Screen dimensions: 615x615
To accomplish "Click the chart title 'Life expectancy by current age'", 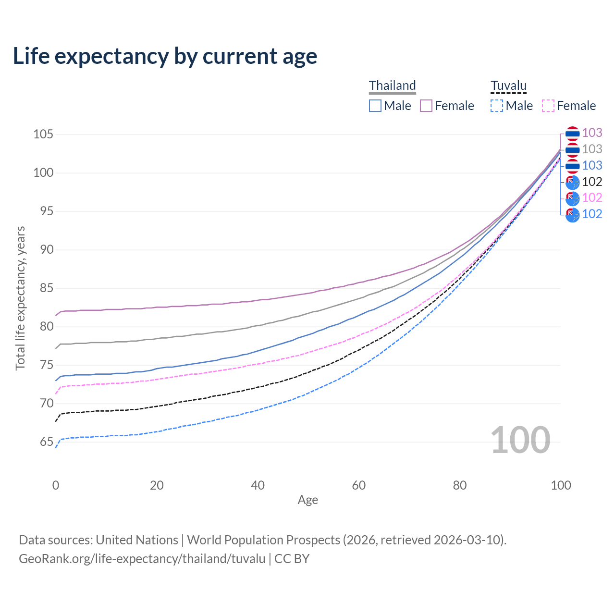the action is pyautogui.click(x=165, y=56).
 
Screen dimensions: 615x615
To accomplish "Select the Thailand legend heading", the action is pyautogui.click(x=392, y=86).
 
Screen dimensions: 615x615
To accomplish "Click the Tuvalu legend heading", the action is pyautogui.click(x=508, y=86).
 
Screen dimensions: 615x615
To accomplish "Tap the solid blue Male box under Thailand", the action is pyautogui.click(x=375, y=106).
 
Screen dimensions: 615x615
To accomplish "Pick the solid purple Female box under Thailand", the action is pyautogui.click(x=426, y=106).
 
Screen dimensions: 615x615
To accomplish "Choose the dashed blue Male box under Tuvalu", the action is pyautogui.click(x=497, y=106).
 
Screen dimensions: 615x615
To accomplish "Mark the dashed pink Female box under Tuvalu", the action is pyautogui.click(x=548, y=106).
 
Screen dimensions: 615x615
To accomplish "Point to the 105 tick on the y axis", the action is pyautogui.click(x=43, y=135).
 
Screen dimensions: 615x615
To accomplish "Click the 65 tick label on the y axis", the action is pyautogui.click(x=47, y=442).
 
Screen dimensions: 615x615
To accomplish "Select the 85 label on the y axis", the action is pyautogui.click(x=47, y=288).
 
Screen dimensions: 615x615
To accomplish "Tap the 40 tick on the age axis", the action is pyautogui.click(x=258, y=485).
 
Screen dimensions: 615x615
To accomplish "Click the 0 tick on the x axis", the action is pyautogui.click(x=56, y=485).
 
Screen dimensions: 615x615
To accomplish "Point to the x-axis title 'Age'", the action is pyautogui.click(x=307, y=500).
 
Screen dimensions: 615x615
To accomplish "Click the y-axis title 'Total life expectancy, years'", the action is pyautogui.click(x=20, y=298).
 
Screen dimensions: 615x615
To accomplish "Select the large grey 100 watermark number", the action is pyautogui.click(x=520, y=440).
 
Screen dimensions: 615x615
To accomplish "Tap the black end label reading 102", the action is pyautogui.click(x=592, y=182).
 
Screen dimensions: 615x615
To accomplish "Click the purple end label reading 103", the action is pyautogui.click(x=592, y=133).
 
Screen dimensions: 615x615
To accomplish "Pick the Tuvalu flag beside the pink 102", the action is pyautogui.click(x=572, y=198).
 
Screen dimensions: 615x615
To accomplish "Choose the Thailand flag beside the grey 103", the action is pyautogui.click(x=572, y=150).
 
